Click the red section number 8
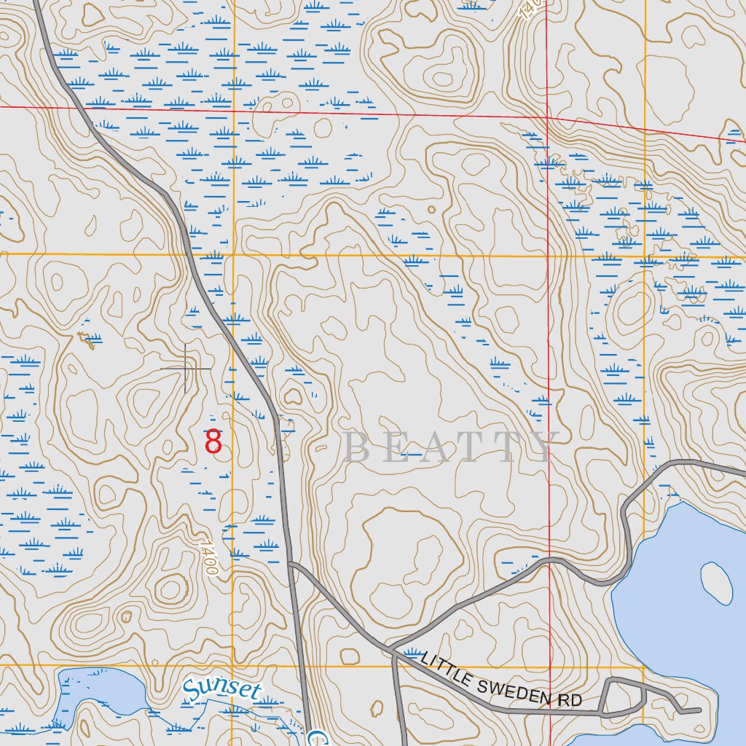pyautogui.click(x=213, y=442)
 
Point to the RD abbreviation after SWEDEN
pyautogui.click(x=571, y=701)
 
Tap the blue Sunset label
pyautogui.click(x=221, y=690)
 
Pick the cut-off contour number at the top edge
pyautogui.click(x=530, y=9)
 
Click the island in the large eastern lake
pyautogui.click(x=716, y=582)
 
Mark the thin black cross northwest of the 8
pyautogui.click(x=186, y=369)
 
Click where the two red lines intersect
pyautogui.click(x=548, y=117)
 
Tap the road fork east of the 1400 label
pyautogui.click(x=290, y=564)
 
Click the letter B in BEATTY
pyautogui.click(x=356, y=448)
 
